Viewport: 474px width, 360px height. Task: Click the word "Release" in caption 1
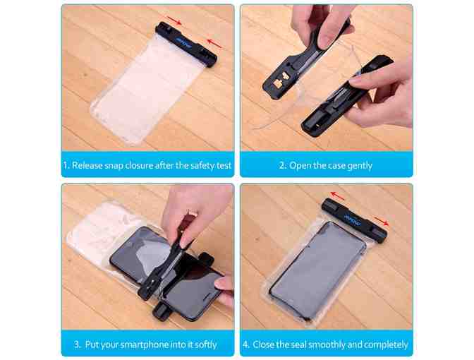(87, 165)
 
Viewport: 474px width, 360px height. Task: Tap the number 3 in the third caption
(77, 344)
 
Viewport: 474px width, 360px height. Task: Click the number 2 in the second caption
(282, 165)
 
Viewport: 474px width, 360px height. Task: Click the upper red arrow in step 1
(174, 20)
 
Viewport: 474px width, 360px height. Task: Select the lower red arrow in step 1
(214, 43)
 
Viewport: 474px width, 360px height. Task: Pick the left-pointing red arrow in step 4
(337, 196)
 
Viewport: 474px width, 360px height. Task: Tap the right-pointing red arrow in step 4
(381, 221)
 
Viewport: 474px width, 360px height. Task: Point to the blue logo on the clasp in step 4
(353, 220)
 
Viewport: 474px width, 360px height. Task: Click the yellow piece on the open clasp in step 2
(278, 82)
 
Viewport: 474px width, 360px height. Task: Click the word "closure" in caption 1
(139, 165)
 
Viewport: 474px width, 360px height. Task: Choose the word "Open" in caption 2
(299, 166)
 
